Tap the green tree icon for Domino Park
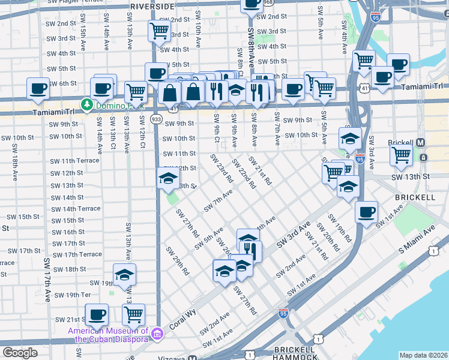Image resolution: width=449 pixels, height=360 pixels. tap(87, 105)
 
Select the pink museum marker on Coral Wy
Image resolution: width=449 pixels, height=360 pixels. tap(157, 333)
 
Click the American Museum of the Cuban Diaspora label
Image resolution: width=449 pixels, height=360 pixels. tap(108, 335)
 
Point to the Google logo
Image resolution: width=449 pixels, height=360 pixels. tap(20, 353)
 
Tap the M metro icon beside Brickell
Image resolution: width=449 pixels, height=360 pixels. tap(421, 143)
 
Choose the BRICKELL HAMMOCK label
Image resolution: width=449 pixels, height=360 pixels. tap(294, 353)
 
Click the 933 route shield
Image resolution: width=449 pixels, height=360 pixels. tap(156, 120)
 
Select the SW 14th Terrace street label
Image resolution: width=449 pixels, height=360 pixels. tap(76, 209)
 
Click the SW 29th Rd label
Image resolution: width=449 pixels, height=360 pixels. tap(182, 262)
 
